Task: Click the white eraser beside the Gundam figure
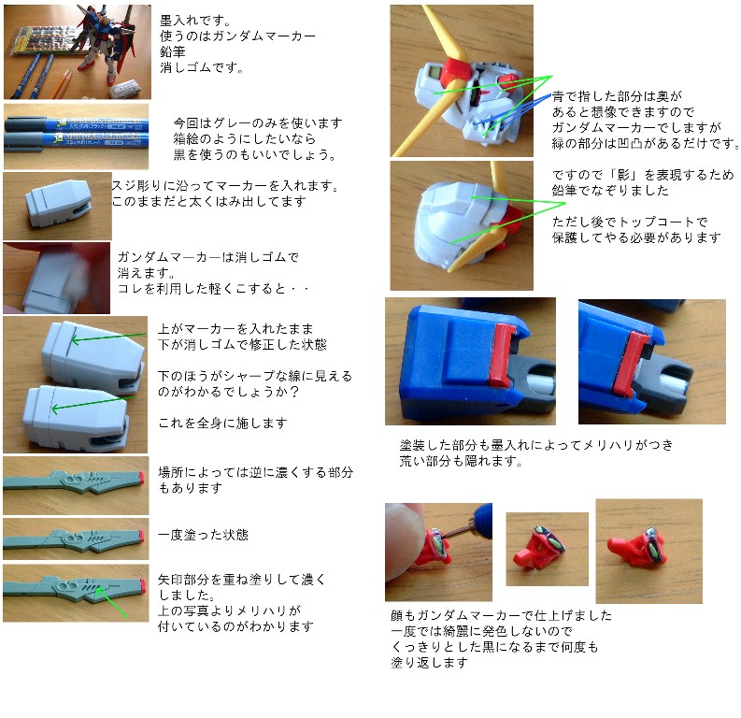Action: (124, 89)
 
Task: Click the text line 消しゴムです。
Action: (202, 67)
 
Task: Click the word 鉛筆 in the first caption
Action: (173, 51)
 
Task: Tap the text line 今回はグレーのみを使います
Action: (258, 122)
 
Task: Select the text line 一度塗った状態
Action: (203, 535)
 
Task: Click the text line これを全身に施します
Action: (222, 423)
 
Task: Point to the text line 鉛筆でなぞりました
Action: (610, 190)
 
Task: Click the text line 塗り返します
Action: (429, 662)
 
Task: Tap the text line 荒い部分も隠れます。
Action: (461, 460)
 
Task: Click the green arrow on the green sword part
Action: (112, 602)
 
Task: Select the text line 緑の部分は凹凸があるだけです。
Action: (645, 143)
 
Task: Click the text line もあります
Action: (190, 487)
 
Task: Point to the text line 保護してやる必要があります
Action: (636, 237)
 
